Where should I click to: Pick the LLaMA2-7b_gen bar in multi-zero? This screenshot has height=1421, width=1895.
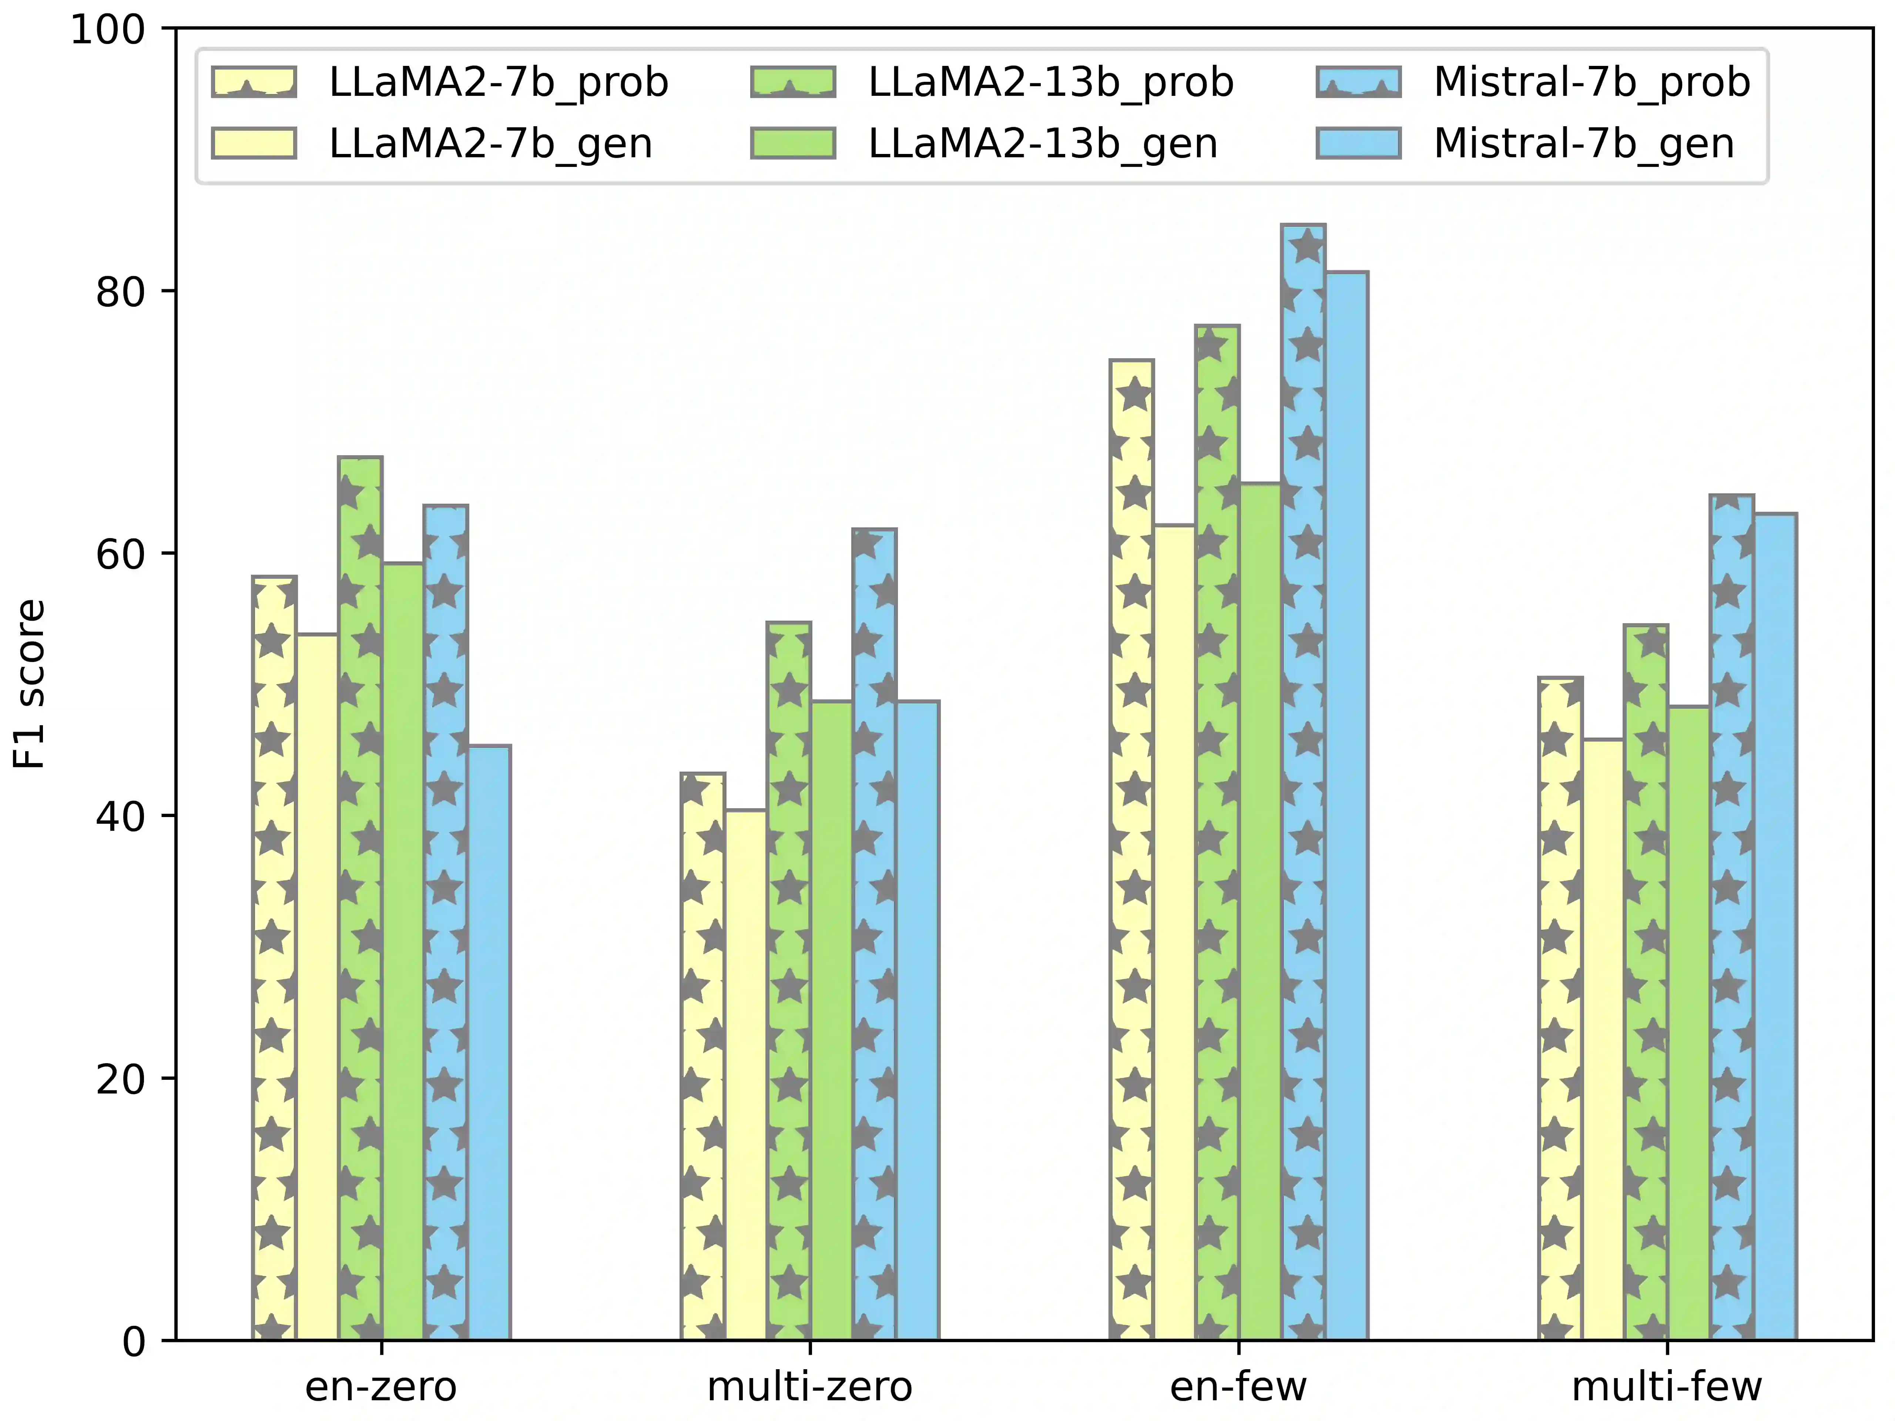[746, 1075]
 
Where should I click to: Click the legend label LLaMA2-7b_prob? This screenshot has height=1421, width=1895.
[499, 82]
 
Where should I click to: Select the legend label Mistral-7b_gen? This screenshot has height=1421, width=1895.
[1584, 143]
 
